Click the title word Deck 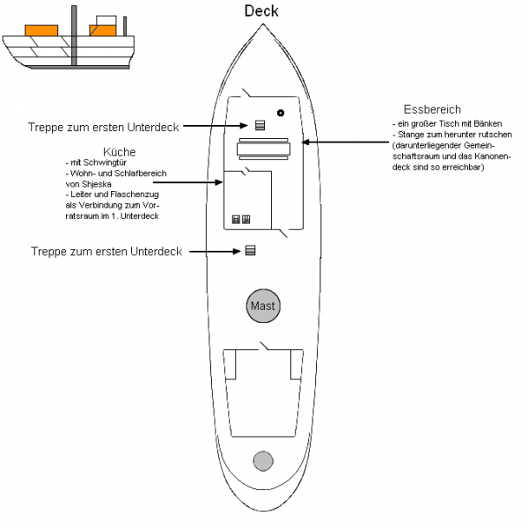pyautogui.click(x=261, y=11)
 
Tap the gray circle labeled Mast pyautogui.click(x=262, y=306)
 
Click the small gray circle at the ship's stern pyautogui.click(x=262, y=460)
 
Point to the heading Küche pyautogui.click(x=119, y=151)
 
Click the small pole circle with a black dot pyautogui.click(x=280, y=113)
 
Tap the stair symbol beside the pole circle pyautogui.click(x=260, y=125)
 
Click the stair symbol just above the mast pyautogui.click(x=250, y=251)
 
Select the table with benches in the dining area pyautogui.click(x=262, y=150)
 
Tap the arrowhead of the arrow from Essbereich pyautogui.click(x=304, y=140)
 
